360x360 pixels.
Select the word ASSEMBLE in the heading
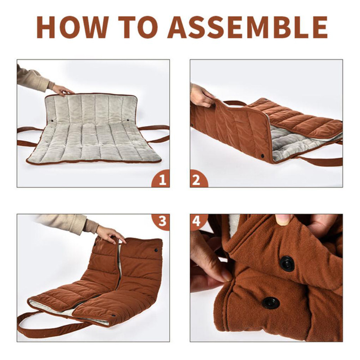(x=247, y=27)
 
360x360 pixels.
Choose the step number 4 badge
(x=198, y=222)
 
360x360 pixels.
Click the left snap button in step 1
(x=52, y=120)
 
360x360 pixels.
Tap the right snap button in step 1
(x=127, y=120)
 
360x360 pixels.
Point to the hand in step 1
(x=62, y=90)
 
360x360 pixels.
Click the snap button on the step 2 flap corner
(x=262, y=156)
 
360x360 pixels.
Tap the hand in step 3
(x=111, y=234)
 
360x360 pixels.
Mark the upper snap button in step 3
(x=156, y=250)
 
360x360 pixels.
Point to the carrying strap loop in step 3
(x=46, y=326)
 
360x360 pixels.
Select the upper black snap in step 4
(x=287, y=264)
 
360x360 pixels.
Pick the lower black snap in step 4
(x=271, y=302)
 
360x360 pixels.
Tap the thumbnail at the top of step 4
(x=284, y=219)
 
